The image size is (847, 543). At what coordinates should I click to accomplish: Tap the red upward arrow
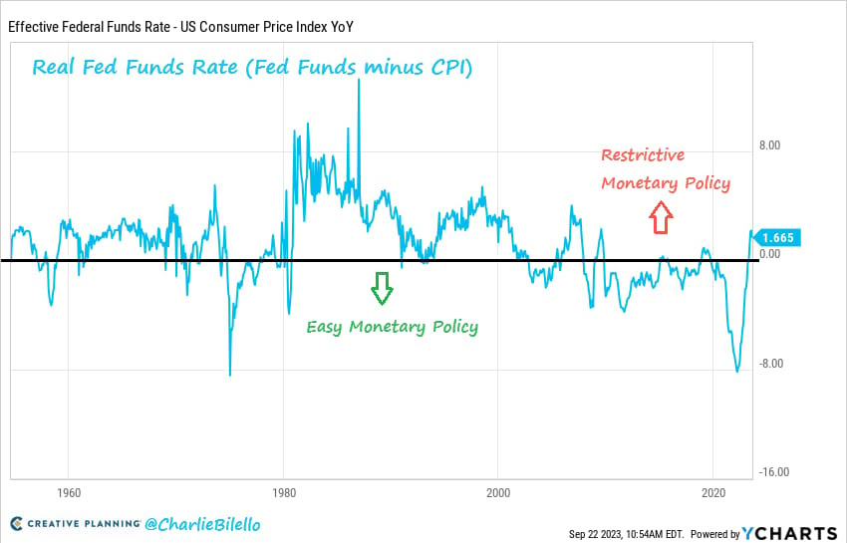click(660, 217)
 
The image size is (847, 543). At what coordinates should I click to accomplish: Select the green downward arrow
click(382, 287)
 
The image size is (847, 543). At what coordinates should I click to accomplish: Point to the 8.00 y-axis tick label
click(769, 144)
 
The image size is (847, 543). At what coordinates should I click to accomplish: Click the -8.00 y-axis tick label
click(769, 363)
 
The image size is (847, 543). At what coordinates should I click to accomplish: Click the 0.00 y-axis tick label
click(769, 254)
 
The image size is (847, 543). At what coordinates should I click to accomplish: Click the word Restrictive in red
click(643, 155)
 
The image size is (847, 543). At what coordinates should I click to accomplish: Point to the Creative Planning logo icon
click(17, 524)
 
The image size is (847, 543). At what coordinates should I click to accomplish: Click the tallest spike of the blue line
click(359, 81)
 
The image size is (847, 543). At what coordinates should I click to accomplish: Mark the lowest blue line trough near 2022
click(737, 371)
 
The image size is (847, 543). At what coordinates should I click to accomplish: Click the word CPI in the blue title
click(448, 68)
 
